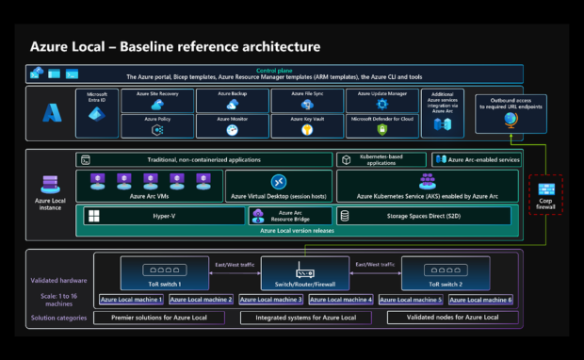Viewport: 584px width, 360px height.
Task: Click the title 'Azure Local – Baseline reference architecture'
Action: pos(174,46)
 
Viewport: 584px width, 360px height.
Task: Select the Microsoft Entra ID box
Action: pos(99,111)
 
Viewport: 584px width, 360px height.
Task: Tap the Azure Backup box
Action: pos(231,100)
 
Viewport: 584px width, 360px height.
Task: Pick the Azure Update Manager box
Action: pos(381,100)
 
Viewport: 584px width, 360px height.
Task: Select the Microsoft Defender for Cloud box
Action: pos(381,124)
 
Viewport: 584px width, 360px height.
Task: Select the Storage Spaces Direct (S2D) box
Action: pos(423,216)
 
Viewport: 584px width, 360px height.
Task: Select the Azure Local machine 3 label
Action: pos(271,300)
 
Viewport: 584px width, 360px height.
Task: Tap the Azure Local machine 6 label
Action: pos(480,300)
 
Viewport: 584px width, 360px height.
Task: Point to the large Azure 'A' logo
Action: pos(50,113)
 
